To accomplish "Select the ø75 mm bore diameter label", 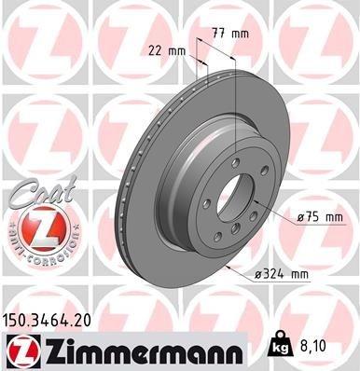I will coord(321,216).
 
